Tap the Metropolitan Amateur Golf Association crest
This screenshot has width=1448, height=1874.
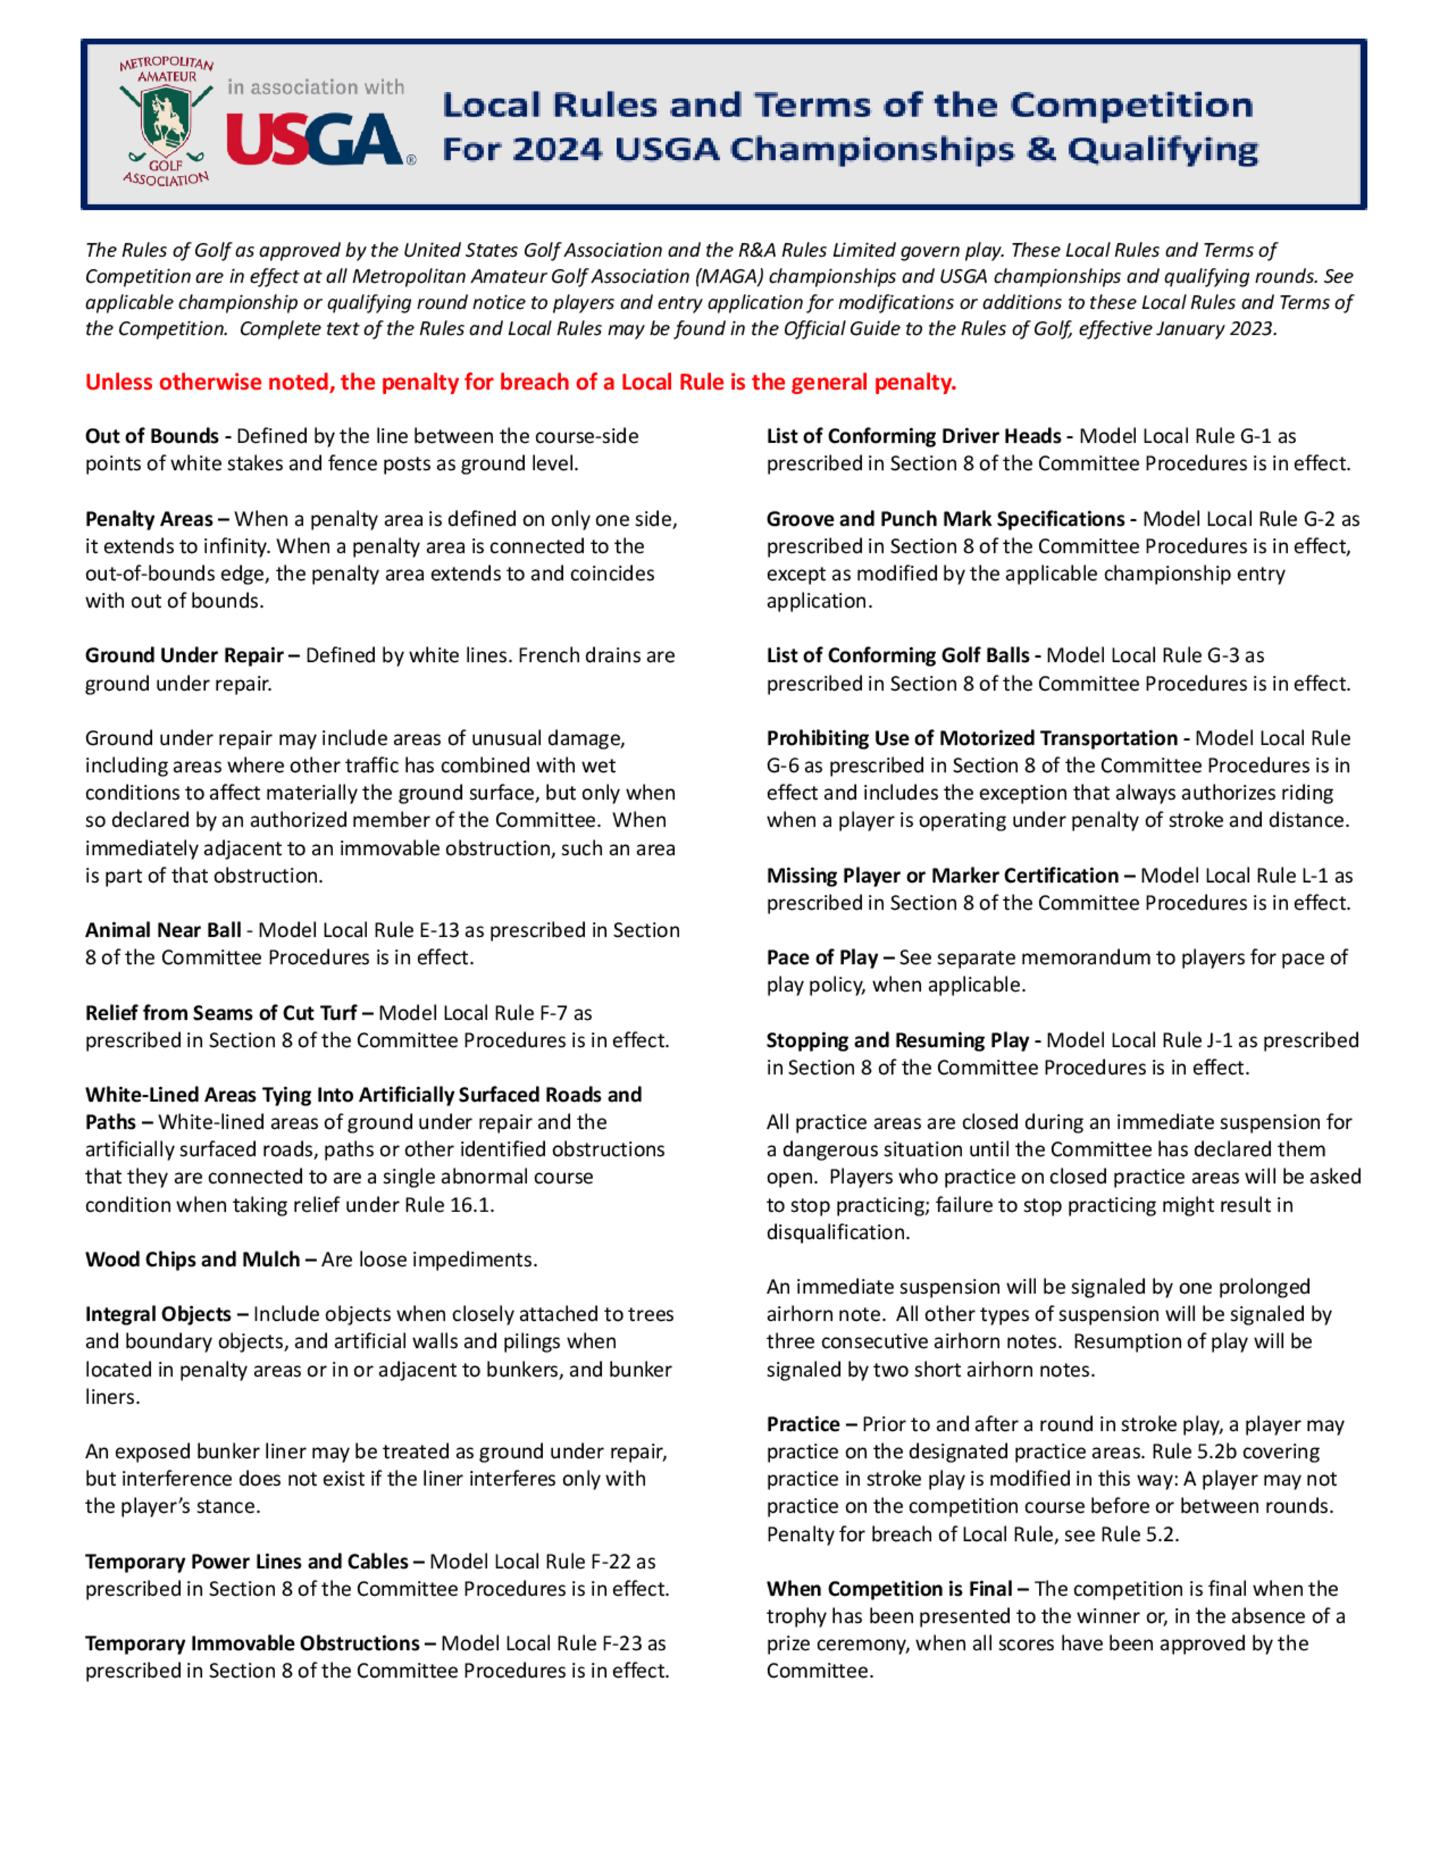pyautogui.click(x=166, y=121)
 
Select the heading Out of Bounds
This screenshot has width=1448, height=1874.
pyautogui.click(x=152, y=436)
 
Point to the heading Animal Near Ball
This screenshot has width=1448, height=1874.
pyautogui.click(x=163, y=930)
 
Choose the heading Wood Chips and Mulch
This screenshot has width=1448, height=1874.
pyautogui.click(x=192, y=1260)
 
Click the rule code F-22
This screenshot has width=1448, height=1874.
pyautogui.click(x=611, y=1562)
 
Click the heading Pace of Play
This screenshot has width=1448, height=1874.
pyautogui.click(x=822, y=957)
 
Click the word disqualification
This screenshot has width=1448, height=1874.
pyautogui.click(x=836, y=1232)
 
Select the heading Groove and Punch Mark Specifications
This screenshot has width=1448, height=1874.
pyautogui.click(x=946, y=519)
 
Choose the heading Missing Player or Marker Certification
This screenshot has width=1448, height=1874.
pyautogui.click(x=942, y=875)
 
